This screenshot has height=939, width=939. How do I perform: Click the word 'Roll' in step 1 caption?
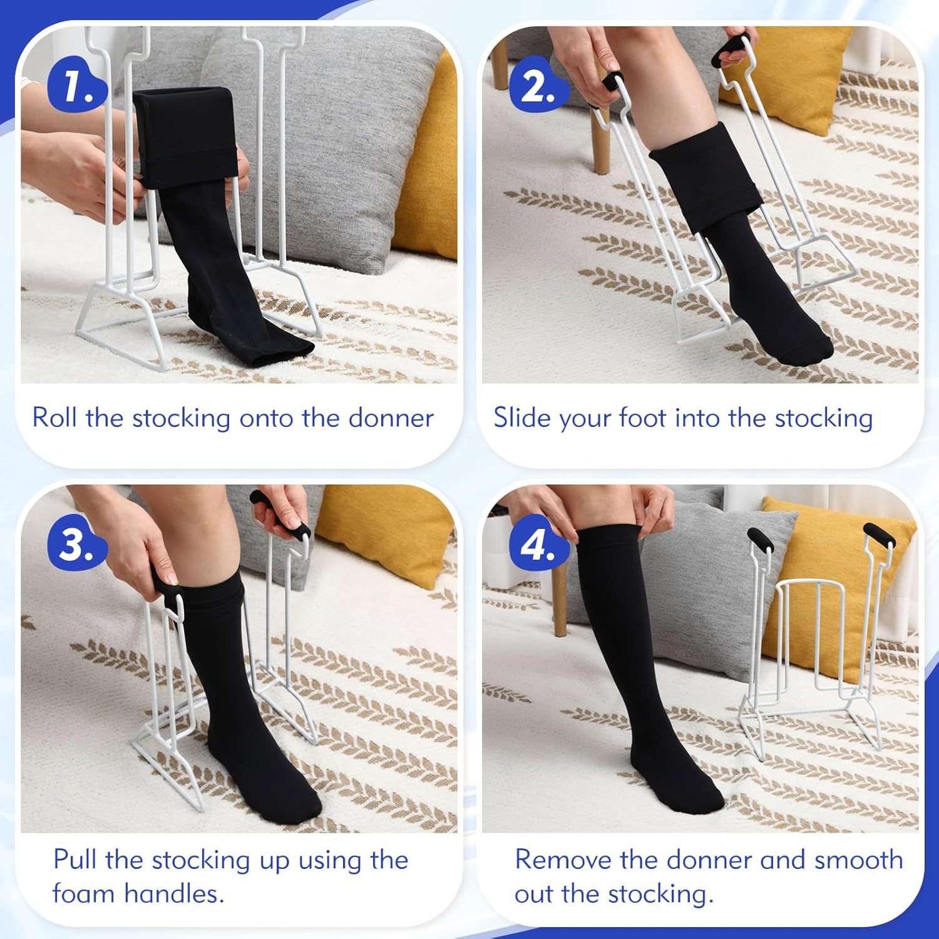tap(55, 418)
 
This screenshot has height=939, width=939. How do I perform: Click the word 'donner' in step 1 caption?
tap(391, 418)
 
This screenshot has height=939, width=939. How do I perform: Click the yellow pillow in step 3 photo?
tap(382, 532)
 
